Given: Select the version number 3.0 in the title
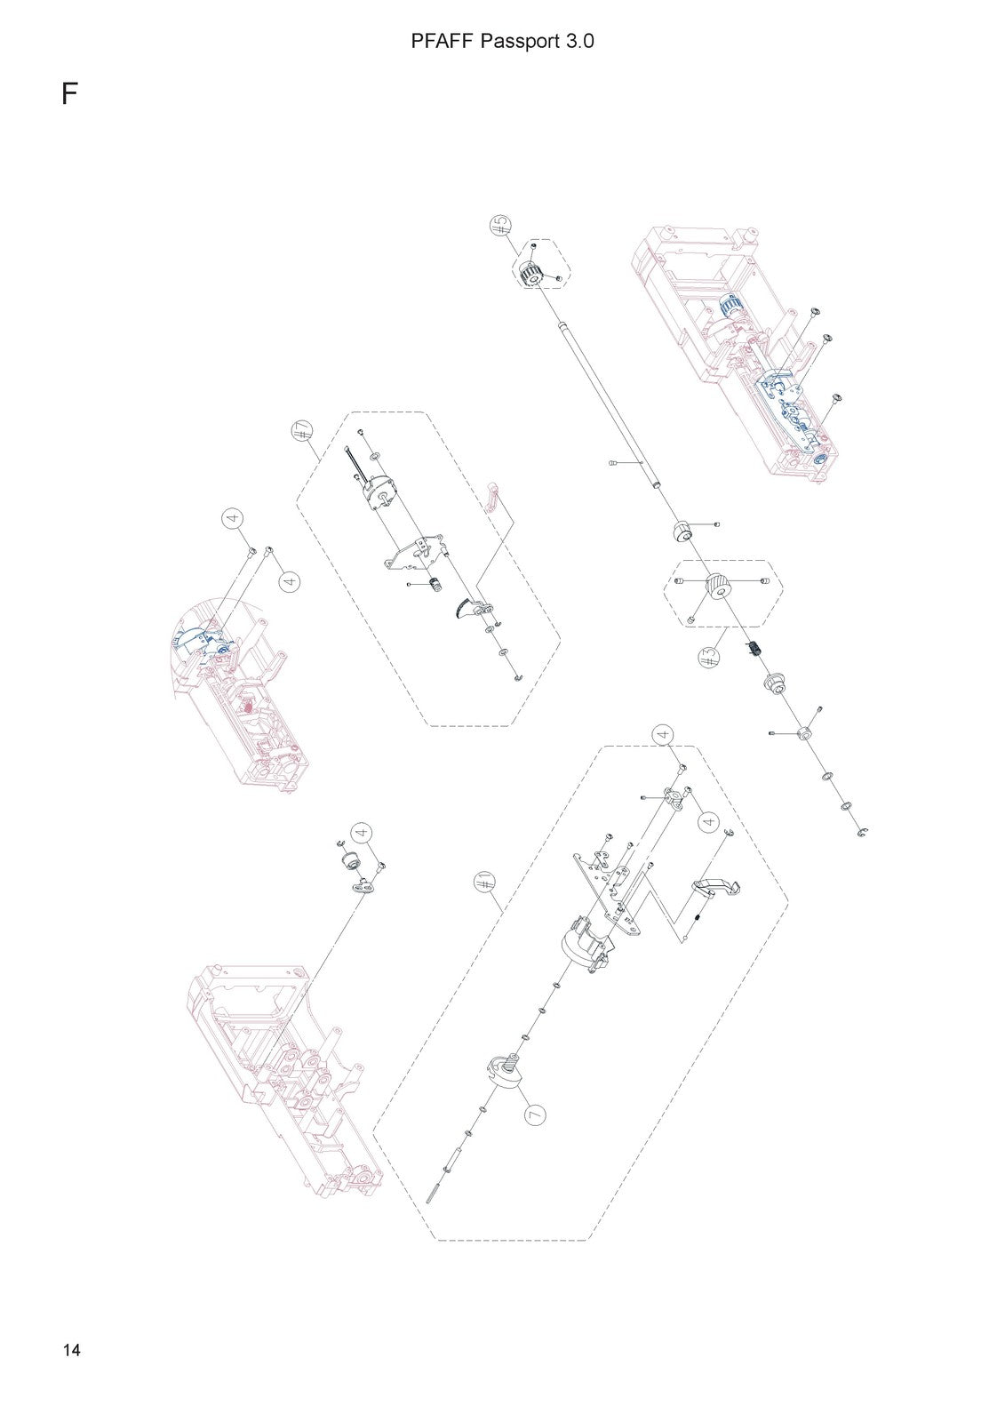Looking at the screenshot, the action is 578,41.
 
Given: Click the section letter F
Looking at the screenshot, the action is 70,93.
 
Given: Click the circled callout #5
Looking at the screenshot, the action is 500,225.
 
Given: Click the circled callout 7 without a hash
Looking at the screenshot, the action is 535,1114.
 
